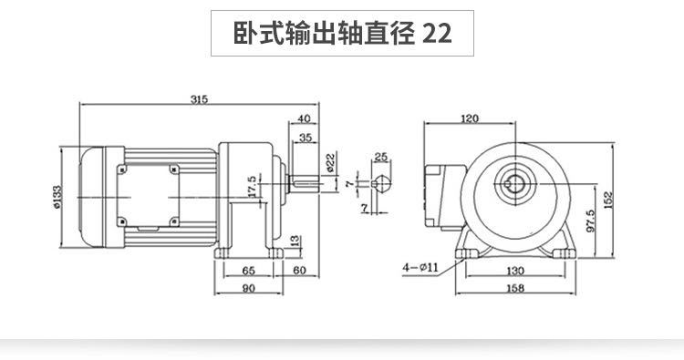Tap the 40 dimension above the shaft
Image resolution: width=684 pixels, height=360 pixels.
coord(304,118)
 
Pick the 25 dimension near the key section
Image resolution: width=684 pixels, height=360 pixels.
coord(380,157)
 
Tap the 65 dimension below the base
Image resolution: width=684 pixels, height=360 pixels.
coord(248,272)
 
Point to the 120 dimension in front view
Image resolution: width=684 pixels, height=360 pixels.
coord(471,118)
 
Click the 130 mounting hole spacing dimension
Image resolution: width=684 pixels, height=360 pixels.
coord(515,272)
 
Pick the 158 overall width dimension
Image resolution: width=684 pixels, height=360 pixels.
coord(515,289)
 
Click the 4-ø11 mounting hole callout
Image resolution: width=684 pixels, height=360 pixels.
coord(420,267)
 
